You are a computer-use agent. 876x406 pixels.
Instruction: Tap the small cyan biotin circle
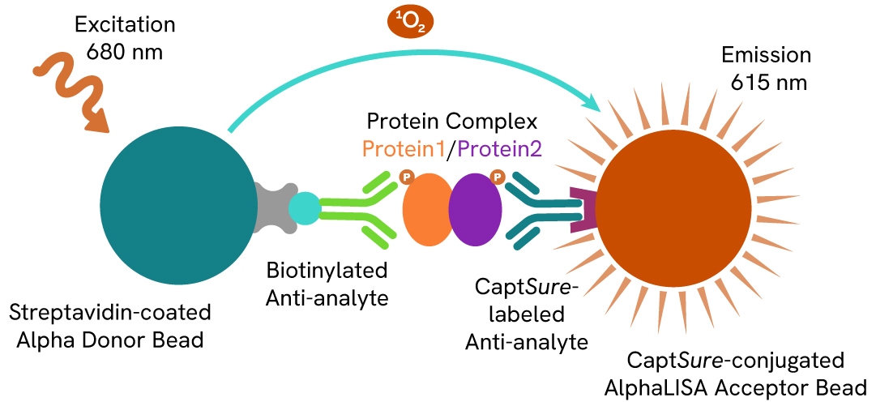pos(305,209)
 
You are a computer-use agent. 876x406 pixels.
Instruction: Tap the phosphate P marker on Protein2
pos(497,175)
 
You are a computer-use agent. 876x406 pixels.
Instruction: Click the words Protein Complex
pos(452,122)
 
